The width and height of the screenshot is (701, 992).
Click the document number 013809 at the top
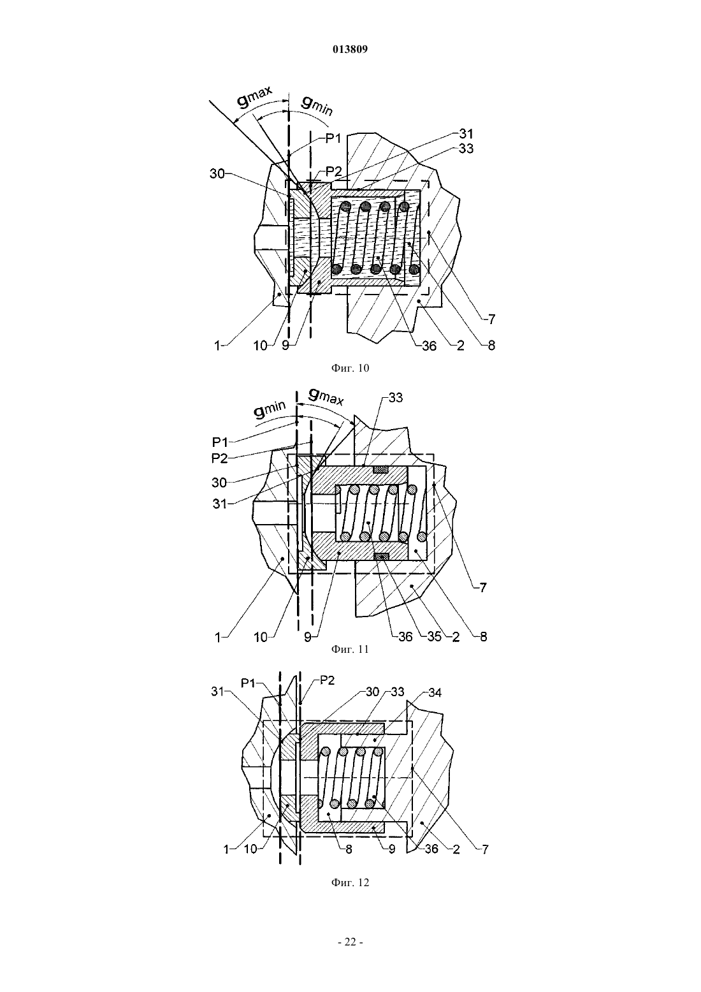pyautogui.click(x=350, y=50)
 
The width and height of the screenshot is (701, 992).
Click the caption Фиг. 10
pyautogui.click(x=350, y=368)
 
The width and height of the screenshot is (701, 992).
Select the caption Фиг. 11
pyautogui.click(x=350, y=649)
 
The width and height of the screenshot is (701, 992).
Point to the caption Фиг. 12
pyautogui.click(x=350, y=882)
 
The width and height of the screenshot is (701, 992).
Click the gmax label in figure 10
pyautogui.click(x=255, y=98)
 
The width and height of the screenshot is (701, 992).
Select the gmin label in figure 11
pyautogui.click(x=270, y=410)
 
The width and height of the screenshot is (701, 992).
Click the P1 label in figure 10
pyautogui.click(x=333, y=138)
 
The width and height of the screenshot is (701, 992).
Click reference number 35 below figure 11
pyautogui.click(x=434, y=637)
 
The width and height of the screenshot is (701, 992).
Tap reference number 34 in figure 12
pyautogui.click(x=435, y=692)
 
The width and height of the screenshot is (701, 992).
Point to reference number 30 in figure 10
pyautogui.click(x=217, y=174)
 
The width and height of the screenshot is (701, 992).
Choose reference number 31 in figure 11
pyautogui.click(x=220, y=504)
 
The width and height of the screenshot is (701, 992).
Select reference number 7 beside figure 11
pyautogui.click(x=483, y=587)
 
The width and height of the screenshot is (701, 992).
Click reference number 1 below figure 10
pyautogui.click(x=217, y=346)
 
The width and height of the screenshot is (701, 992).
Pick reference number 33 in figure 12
pyautogui.click(x=398, y=692)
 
